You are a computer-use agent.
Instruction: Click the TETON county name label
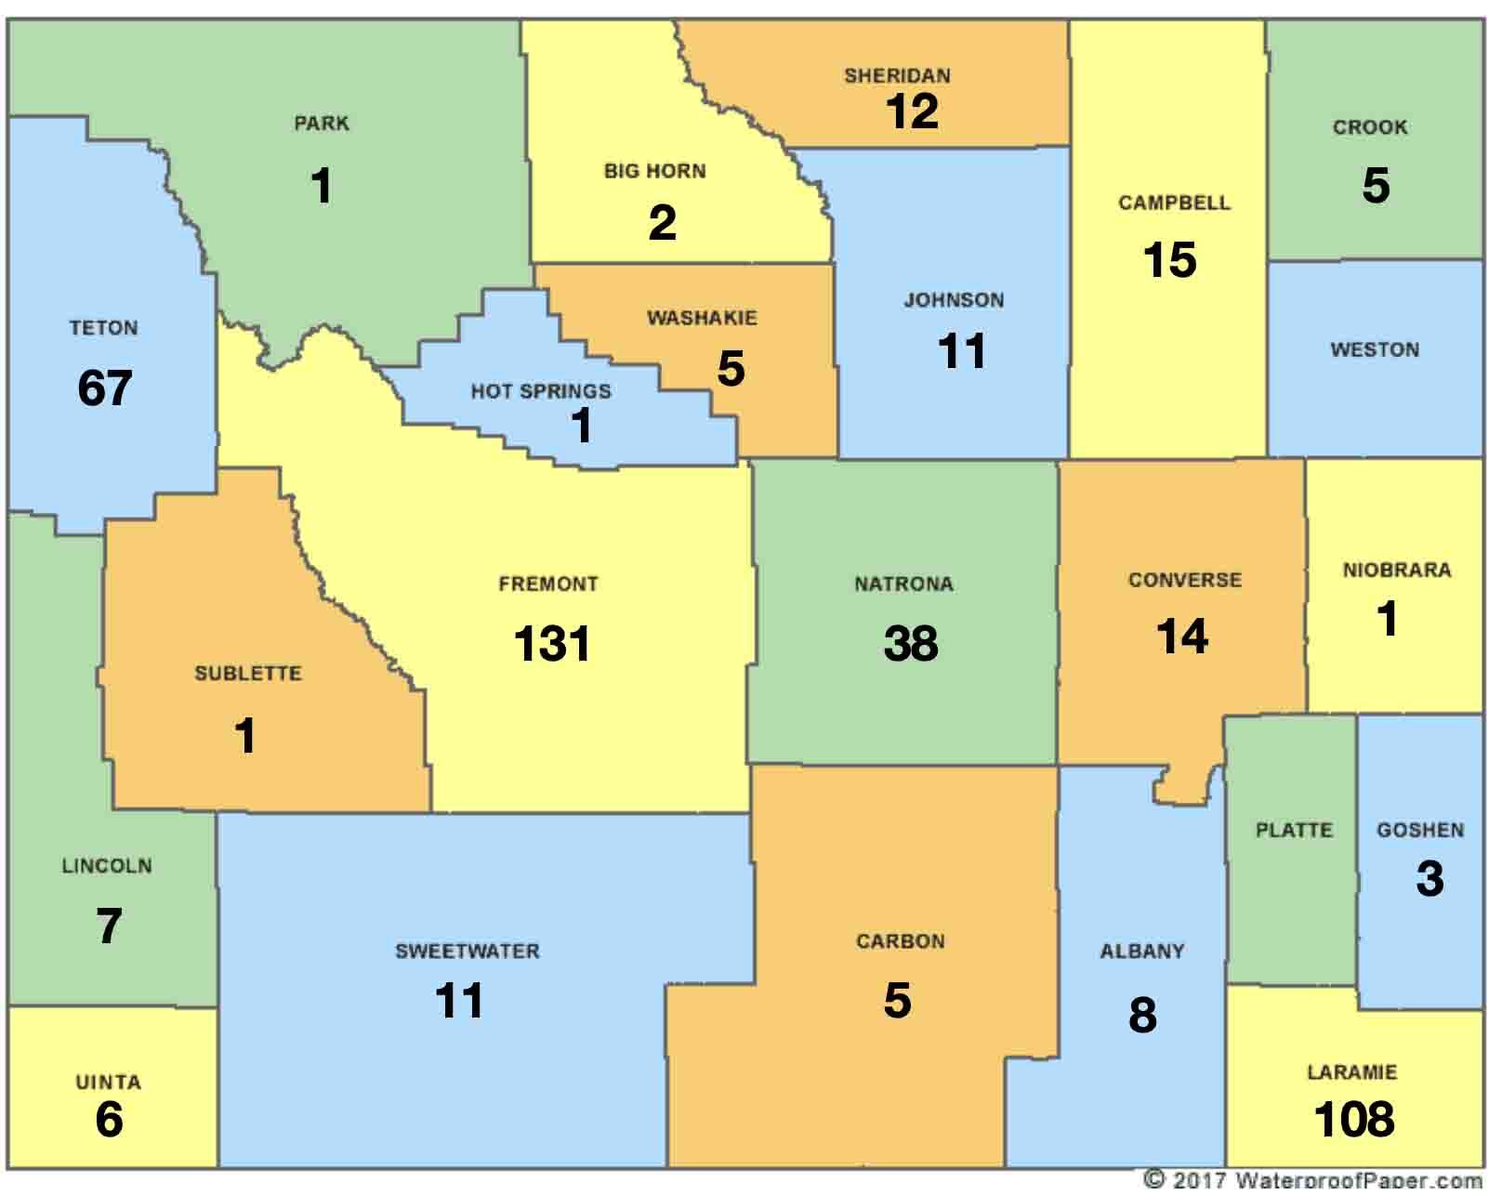(x=103, y=328)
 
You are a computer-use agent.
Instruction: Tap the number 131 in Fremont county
(x=552, y=643)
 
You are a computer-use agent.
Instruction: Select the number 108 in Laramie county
(x=1353, y=1119)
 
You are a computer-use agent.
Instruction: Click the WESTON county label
(x=1375, y=350)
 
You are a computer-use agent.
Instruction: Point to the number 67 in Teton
(x=104, y=387)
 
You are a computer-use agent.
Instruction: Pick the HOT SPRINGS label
(x=541, y=391)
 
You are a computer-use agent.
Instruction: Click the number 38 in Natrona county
(x=910, y=643)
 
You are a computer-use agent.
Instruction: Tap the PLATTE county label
(x=1294, y=830)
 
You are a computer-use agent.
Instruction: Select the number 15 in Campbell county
(x=1169, y=260)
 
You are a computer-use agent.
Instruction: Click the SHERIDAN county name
(x=897, y=76)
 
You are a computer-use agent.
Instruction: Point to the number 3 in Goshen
(x=1430, y=878)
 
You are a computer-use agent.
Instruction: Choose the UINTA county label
(x=108, y=1083)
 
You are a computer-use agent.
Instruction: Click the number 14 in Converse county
(x=1181, y=637)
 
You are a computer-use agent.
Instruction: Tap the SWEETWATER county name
(x=467, y=952)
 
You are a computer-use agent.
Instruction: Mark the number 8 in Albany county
(x=1142, y=1015)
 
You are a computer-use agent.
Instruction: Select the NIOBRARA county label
(x=1396, y=571)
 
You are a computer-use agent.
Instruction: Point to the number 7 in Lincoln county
(x=109, y=926)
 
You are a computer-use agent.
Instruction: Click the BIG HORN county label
(x=654, y=171)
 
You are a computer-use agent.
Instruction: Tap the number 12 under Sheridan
(x=911, y=112)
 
